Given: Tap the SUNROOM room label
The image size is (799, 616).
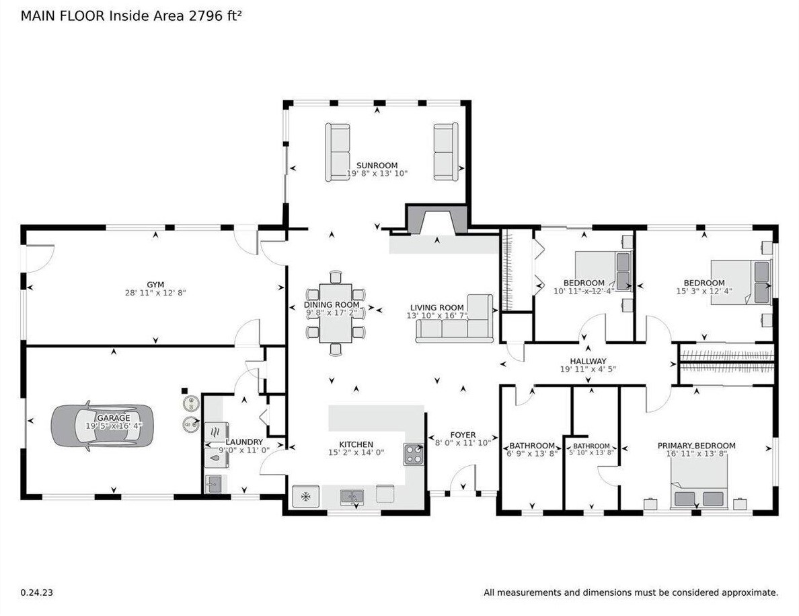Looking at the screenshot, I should coord(377,165).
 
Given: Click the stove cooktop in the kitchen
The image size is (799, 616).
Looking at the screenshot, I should coord(412,454).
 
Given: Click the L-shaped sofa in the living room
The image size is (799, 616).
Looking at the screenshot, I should coord(457,322).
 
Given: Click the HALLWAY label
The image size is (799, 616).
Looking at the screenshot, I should coord(588,361).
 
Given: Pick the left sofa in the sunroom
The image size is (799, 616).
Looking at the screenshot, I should coord(338,152).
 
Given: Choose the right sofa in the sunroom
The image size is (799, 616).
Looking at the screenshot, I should coord(445,151).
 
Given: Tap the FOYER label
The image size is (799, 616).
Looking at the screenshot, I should coord(463,435).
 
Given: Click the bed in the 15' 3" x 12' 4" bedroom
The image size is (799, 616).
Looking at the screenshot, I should coord(741,282).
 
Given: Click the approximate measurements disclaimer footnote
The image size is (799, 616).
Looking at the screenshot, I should coord(631,592).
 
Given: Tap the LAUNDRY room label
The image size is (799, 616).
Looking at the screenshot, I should coord(244,442).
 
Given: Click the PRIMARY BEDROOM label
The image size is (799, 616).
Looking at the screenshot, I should coord(696,446).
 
